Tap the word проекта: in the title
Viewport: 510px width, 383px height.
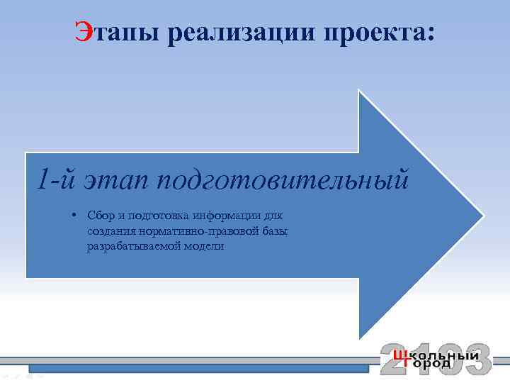pyautogui.click(x=373, y=33)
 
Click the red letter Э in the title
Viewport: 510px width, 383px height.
pyautogui.click(x=84, y=33)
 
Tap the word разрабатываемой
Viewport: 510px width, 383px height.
pyautogui.click(x=132, y=247)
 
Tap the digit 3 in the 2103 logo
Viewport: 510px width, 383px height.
pyautogui.click(x=476, y=359)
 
